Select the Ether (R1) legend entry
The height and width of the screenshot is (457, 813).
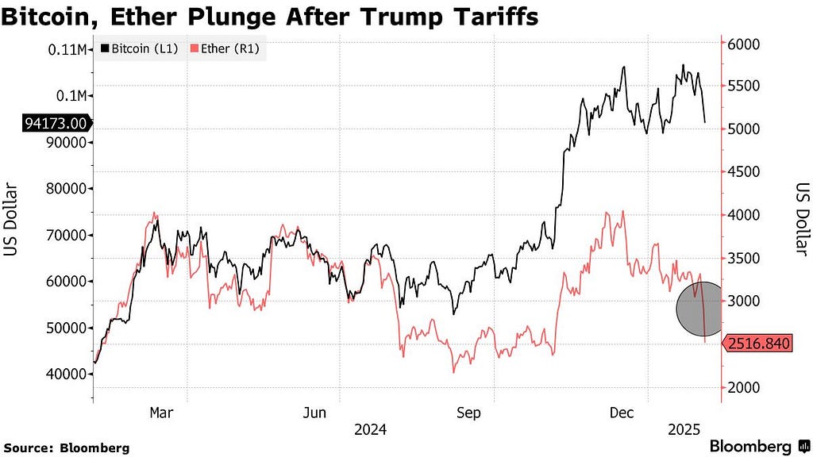(225, 48)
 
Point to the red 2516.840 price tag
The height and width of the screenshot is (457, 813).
(757, 343)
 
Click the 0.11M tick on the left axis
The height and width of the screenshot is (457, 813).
(67, 50)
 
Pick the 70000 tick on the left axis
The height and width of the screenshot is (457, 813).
(66, 235)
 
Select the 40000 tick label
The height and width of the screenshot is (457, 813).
(66, 374)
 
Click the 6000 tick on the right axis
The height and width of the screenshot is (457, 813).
(743, 44)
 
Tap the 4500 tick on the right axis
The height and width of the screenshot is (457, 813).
(743, 171)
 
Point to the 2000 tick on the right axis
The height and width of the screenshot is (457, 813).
(743, 387)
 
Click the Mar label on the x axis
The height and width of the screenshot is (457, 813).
(161, 413)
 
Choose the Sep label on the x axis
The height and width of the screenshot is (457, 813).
(468, 413)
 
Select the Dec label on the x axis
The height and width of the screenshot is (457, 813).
(622, 413)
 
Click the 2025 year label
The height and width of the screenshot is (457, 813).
(684, 429)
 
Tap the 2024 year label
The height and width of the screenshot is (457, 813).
(370, 429)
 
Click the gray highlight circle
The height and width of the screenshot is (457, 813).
(699, 309)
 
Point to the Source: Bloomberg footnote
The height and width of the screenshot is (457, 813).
(67, 447)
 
